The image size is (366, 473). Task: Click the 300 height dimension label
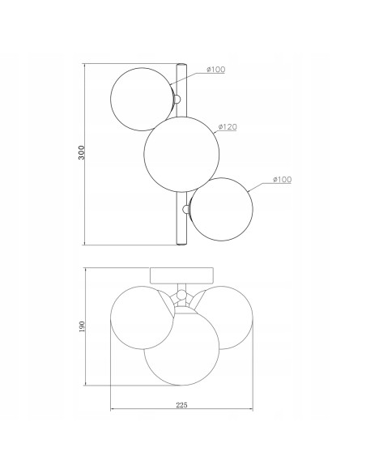(82, 152)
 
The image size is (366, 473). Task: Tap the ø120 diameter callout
(228, 127)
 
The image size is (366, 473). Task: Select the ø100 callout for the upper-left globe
(216, 70)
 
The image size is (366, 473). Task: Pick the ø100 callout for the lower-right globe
(282, 180)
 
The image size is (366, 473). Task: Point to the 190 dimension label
(82, 326)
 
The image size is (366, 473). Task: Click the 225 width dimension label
(181, 405)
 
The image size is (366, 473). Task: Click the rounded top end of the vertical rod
(181, 65)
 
